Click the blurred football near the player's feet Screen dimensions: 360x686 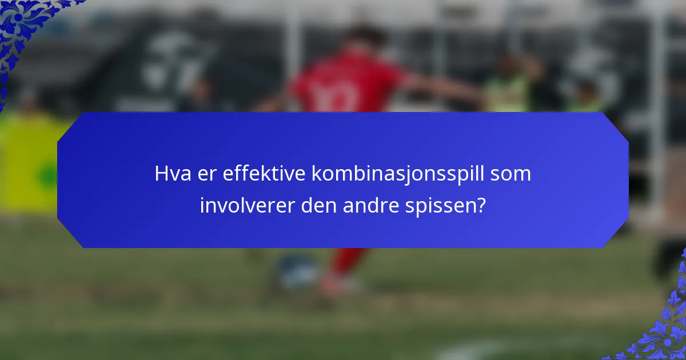(x=297, y=269)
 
